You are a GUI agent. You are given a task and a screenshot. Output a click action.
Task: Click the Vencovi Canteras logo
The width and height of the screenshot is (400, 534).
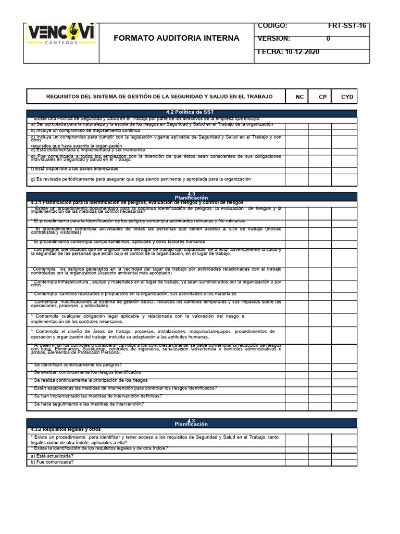pyautogui.click(x=60, y=35)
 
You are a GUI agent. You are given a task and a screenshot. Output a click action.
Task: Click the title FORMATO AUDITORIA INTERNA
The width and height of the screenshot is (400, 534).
pyautogui.click(x=177, y=38)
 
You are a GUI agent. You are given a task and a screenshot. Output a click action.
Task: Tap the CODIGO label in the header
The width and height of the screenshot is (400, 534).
pyautogui.click(x=272, y=26)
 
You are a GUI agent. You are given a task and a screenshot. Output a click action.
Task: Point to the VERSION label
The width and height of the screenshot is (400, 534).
pyautogui.click(x=274, y=39)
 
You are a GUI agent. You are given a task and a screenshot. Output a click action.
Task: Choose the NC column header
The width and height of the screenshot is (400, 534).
pyautogui.click(x=299, y=97)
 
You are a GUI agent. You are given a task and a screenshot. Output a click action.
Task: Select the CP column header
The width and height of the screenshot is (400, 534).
pyautogui.click(x=323, y=97)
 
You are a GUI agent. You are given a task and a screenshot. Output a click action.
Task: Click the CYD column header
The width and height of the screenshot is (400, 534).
pyautogui.click(x=347, y=97)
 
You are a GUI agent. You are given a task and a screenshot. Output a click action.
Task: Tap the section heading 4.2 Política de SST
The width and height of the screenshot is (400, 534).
pyautogui.click(x=190, y=113)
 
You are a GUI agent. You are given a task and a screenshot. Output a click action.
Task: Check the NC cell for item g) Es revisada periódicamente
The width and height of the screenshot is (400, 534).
pyautogui.click(x=296, y=179)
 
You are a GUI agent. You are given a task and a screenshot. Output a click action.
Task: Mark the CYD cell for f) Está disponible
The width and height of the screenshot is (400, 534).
pyautogui.click(x=346, y=168)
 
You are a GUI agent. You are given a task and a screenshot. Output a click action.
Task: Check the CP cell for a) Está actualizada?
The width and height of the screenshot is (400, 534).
pyautogui.click(x=320, y=455)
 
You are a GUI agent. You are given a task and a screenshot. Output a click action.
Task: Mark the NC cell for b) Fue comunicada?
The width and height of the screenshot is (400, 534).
pyautogui.click(x=296, y=462)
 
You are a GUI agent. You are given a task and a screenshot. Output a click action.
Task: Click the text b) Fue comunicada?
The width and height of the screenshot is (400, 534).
pyautogui.click(x=52, y=462)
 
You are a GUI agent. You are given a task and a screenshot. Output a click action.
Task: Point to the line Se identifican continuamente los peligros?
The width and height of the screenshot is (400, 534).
pyautogui.click(x=77, y=365)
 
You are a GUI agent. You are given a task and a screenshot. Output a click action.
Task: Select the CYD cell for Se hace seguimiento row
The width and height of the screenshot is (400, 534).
pyautogui.click(x=346, y=404)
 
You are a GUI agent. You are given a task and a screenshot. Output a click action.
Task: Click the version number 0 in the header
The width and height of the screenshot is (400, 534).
pyautogui.click(x=328, y=39)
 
